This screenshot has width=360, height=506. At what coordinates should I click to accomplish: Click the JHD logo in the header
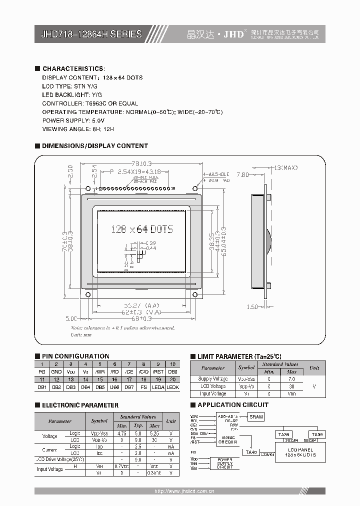[x=234, y=34]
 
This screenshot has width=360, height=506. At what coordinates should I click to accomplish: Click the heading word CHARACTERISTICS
[x=73, y=68]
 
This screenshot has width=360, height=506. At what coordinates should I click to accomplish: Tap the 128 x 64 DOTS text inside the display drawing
[x=142, y=229]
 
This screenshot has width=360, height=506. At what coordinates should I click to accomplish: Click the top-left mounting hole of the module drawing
[x=88, y=189]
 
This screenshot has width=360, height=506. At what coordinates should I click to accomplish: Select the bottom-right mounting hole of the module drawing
[x=195, y=294]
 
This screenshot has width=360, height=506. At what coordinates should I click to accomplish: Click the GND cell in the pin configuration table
[x=56, y=372]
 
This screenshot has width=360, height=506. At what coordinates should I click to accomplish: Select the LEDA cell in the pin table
[x=158, y=387]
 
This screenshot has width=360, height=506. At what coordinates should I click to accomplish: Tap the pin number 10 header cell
[x=172, y=364]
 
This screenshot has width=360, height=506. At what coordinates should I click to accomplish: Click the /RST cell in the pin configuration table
[x=158, y=372]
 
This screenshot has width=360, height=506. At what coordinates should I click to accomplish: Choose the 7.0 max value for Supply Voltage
[x=292, y=379]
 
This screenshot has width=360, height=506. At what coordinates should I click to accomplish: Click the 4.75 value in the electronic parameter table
[x=121, y=433]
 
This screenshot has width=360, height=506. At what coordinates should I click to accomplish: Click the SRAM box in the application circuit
[x=256, y=417]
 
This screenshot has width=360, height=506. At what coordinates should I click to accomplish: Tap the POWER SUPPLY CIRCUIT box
[x=224, y=462]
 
